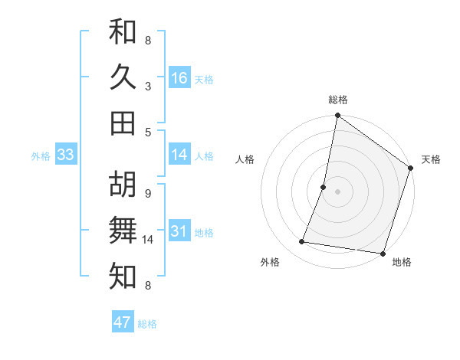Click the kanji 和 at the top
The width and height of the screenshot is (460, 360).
123,32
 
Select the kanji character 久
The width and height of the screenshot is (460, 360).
123,77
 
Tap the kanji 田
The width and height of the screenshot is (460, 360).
123,123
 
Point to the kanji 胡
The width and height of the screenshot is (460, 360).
123,185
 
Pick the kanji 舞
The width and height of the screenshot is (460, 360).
123,231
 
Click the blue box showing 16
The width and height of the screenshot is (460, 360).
179,78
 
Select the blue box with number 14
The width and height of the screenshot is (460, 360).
179,155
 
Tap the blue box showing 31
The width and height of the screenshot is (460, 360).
179,232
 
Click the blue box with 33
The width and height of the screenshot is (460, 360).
65,155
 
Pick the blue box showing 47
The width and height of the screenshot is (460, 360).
123,322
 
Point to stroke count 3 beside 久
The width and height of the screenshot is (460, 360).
148,86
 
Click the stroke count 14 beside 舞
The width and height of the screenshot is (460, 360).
149,240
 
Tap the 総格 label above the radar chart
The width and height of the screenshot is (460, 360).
337,100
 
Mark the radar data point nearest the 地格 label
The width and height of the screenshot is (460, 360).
383,254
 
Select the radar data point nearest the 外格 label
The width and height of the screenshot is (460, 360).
302,242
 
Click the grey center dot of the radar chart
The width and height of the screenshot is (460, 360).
337,191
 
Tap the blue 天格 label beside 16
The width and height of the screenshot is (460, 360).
204,79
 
